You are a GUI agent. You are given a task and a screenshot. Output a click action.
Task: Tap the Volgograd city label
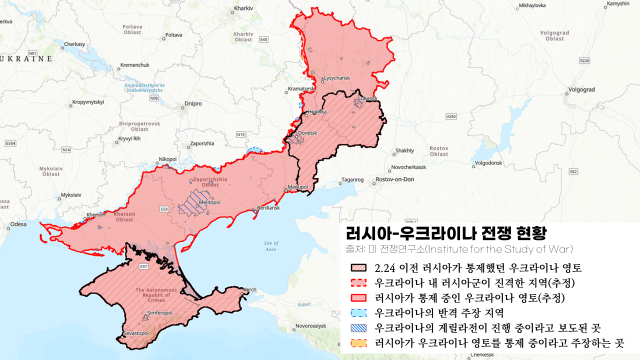(581, 90)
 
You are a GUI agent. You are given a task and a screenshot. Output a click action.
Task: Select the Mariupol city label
(299, 188)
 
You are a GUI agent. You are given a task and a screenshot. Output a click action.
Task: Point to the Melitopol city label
(209, 202)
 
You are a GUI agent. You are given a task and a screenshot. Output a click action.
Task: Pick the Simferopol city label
(160, 313)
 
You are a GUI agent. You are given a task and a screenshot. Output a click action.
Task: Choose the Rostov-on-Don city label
(395, 179)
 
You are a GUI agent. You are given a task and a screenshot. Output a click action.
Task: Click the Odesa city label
(18, 224)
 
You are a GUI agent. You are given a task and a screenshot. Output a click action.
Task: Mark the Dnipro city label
(193, 104)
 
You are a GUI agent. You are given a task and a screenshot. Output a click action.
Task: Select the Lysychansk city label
(337, 78)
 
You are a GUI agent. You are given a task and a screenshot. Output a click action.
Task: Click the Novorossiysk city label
(310, 326)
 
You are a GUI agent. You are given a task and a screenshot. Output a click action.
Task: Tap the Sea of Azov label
(271, 246)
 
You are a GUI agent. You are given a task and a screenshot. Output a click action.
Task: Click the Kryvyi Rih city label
(129, 138)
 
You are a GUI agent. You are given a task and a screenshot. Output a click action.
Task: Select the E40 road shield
(264, 39)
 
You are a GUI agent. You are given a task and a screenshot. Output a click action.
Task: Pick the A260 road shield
(451, 116)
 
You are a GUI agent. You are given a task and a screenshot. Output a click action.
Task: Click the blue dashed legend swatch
(359, 313)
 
